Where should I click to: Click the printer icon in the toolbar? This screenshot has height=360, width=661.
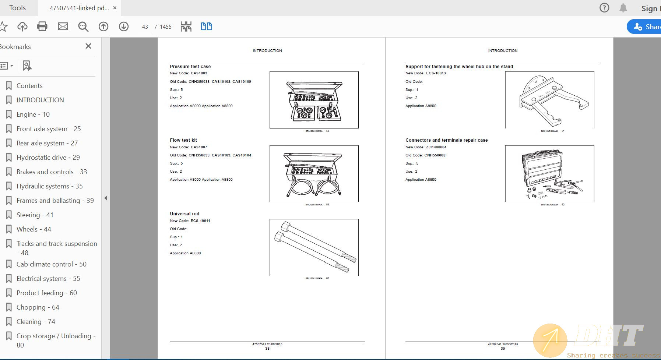42,27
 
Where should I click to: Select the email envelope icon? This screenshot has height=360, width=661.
63,27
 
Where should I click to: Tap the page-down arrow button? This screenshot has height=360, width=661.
124,27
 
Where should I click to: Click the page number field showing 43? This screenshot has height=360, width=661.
145,27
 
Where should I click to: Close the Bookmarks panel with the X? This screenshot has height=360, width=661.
88,46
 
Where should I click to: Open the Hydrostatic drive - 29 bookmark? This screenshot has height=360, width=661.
48,158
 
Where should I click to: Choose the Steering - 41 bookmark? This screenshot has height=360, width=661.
35,215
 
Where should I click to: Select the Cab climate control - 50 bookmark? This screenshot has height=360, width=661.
51,264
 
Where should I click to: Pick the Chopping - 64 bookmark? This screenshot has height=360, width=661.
38,307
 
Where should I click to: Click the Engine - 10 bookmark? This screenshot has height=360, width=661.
33,114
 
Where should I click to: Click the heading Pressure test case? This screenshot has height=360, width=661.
190,67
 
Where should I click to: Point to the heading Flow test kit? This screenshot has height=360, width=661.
183,140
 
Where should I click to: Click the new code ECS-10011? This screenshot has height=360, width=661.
200,221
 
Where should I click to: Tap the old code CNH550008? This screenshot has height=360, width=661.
435,155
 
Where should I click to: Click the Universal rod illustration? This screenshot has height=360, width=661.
314,247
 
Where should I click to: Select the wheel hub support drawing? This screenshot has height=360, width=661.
549,100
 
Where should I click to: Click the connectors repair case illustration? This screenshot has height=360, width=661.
549,174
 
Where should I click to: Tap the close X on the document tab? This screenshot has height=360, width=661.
115,8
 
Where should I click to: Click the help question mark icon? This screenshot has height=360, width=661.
604,8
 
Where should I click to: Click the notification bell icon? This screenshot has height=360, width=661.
623,8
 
